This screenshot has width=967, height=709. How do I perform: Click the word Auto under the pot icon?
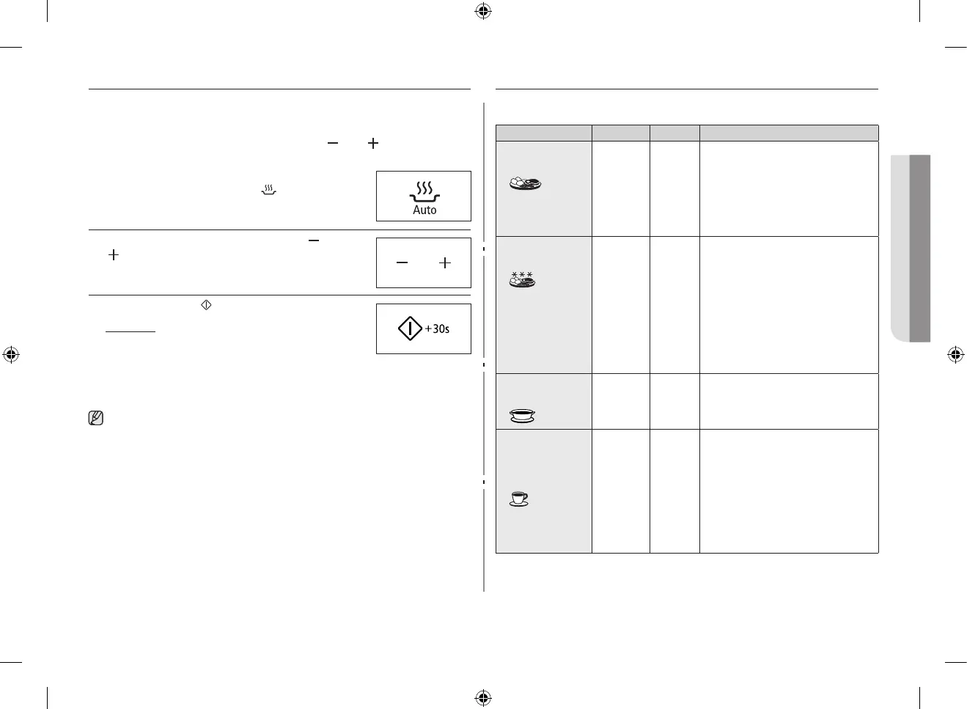point(424,210)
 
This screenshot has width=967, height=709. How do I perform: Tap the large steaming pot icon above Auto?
point(424,192)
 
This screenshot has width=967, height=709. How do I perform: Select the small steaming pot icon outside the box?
point(269,191)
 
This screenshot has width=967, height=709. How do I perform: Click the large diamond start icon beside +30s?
point(410,328)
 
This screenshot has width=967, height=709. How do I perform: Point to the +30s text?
point(438,329)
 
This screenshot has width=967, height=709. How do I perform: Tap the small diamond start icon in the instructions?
point(206,305)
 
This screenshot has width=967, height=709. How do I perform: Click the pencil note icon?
point(95,419)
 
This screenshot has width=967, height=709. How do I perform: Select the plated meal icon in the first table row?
point(525,183)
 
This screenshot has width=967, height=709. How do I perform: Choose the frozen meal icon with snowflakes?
point(523,279)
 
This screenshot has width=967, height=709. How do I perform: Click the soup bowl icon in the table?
point(522,416)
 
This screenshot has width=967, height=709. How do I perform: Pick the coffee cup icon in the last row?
point(518,499)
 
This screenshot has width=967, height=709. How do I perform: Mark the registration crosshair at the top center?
point(483,11)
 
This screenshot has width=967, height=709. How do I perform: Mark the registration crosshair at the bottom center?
point(483,697)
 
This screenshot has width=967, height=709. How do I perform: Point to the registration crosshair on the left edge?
point(11,355)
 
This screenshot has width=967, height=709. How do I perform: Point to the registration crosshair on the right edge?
point(955,355)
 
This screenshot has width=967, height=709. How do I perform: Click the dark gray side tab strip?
point(920,248)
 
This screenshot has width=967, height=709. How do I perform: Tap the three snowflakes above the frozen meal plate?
point(522,274)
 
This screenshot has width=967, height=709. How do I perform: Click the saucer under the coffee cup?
point(518,504)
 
